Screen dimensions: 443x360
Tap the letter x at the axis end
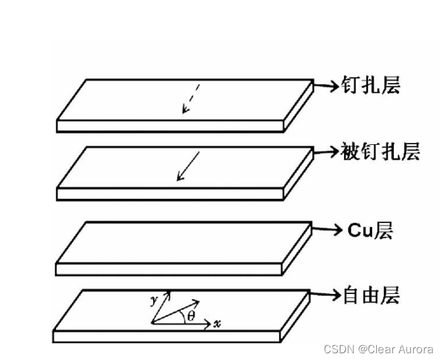point(217,324)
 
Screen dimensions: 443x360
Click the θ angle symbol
point(191,315)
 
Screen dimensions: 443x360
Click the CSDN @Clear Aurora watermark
point(378,349)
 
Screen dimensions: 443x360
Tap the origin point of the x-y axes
point(152,324)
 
